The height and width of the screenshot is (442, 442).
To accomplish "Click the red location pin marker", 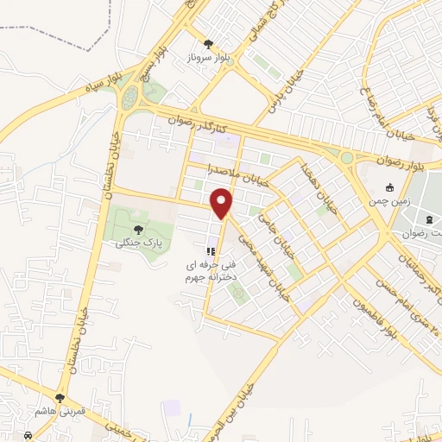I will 223,203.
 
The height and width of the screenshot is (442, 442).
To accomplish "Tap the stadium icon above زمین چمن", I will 389,187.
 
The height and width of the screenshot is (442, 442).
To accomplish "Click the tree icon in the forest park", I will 139,230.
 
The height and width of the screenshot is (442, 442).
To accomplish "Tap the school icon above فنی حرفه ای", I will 210,251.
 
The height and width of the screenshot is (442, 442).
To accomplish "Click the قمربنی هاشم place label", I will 60,412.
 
